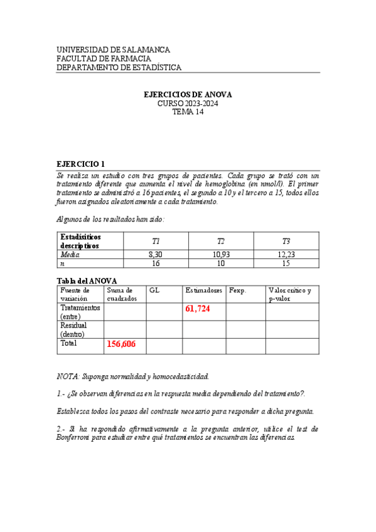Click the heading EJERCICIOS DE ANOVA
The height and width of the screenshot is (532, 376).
(188, 95)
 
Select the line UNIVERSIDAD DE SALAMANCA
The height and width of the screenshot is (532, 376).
(113, 50)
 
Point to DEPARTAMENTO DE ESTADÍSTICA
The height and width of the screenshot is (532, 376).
(119, 68)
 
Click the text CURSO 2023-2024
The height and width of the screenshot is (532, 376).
(188, 104)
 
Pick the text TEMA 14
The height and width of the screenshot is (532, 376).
(188, 112)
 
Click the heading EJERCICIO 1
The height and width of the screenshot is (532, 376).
(82, 164)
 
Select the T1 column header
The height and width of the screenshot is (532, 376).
(156, 242)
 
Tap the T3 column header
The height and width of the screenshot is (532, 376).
(286, 242)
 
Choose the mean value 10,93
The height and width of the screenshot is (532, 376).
(221, 255)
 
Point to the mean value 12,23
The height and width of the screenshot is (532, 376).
(286, 255)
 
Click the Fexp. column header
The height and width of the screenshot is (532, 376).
(238, 290)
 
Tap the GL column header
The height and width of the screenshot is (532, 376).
(154, 290)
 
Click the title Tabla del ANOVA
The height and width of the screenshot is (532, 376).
(87, 280)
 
